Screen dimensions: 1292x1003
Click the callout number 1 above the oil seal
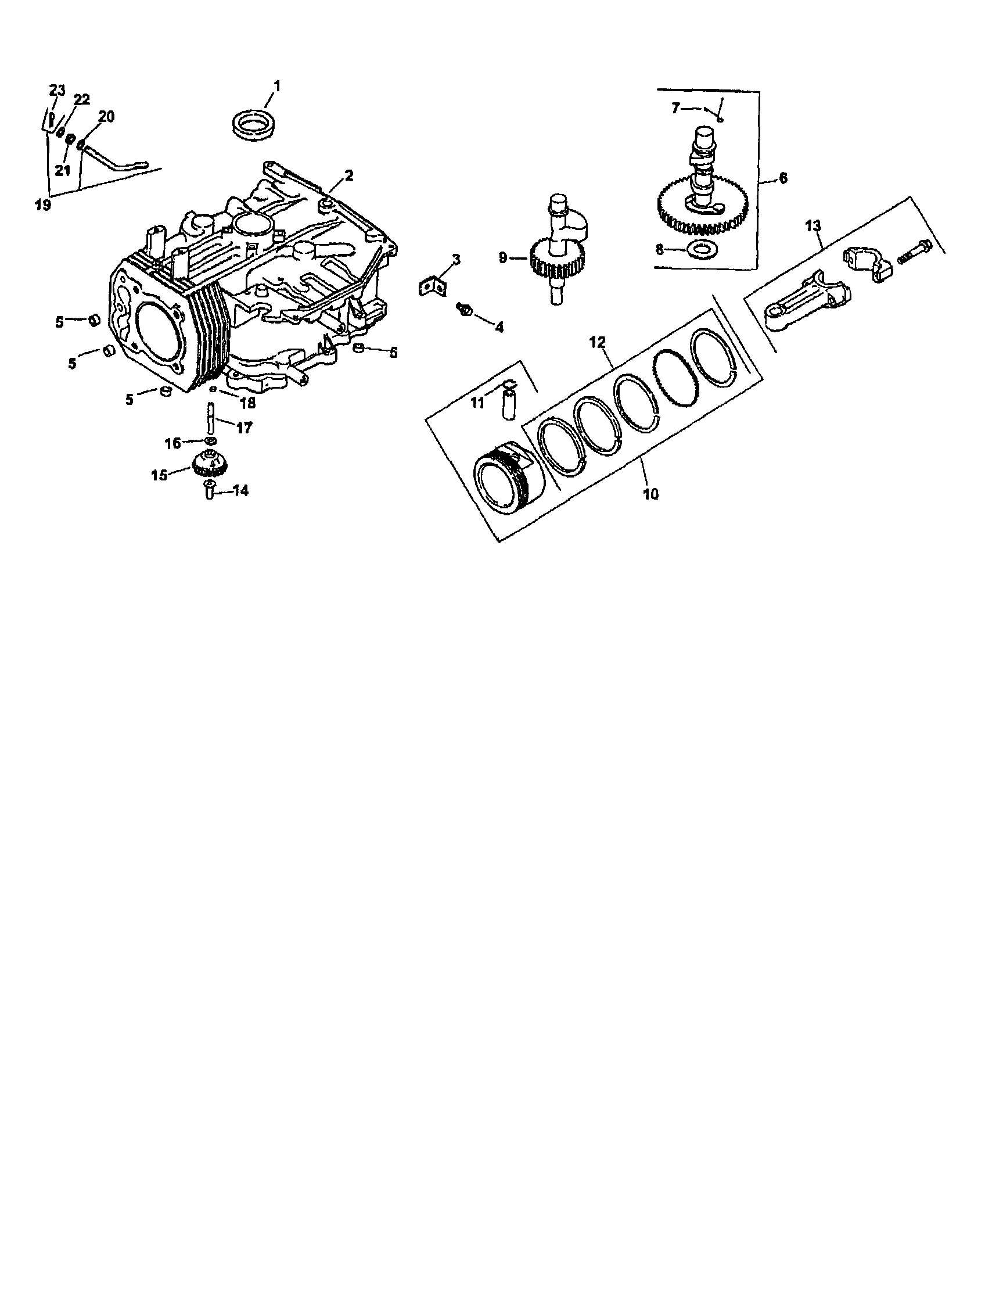point(276,87)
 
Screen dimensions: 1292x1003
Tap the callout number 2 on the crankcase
point(349,175)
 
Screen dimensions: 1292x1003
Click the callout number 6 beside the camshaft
point(783,177)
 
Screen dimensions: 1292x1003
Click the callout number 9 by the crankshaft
point(503,258)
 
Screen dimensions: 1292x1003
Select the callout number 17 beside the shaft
point(245,428)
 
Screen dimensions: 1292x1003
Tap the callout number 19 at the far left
point(42,204)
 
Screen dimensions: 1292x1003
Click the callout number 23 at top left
point(57,91)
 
